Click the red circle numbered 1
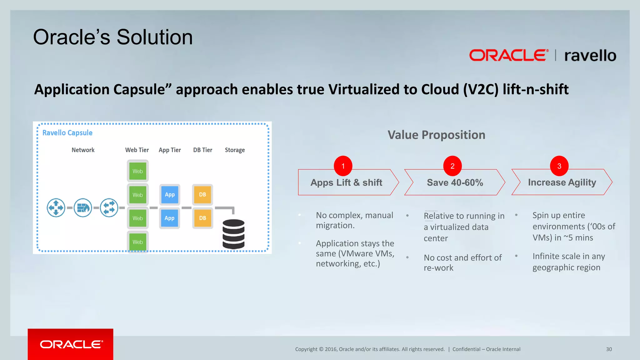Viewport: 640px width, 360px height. pos(343,166)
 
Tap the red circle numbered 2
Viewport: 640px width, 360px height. pos(452,166)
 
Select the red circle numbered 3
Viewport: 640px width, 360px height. pos(559,166)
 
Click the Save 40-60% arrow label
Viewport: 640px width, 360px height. pos(455,182)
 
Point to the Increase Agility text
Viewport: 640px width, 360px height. pos(562,182)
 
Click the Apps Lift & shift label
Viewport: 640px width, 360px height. pos(346,182)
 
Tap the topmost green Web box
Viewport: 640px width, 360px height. pos(137,171)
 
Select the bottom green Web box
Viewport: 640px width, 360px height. pos(137,242)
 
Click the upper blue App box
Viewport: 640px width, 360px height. pos(170,194)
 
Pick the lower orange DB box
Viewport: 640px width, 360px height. pos(202,218)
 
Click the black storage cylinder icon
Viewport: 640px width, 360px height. pos(233,234)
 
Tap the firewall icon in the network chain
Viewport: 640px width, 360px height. pos(83,207)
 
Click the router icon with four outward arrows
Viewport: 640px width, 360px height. pos(56,207)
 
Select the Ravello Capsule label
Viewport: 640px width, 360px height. pos(67,133)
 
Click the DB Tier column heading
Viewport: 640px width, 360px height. pos(202,150)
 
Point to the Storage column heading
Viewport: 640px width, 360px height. pos(235,150)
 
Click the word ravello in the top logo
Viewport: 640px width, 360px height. pos(590,56)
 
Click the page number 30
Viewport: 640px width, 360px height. pos(609,349)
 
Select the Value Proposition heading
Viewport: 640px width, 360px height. pos(436,135)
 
